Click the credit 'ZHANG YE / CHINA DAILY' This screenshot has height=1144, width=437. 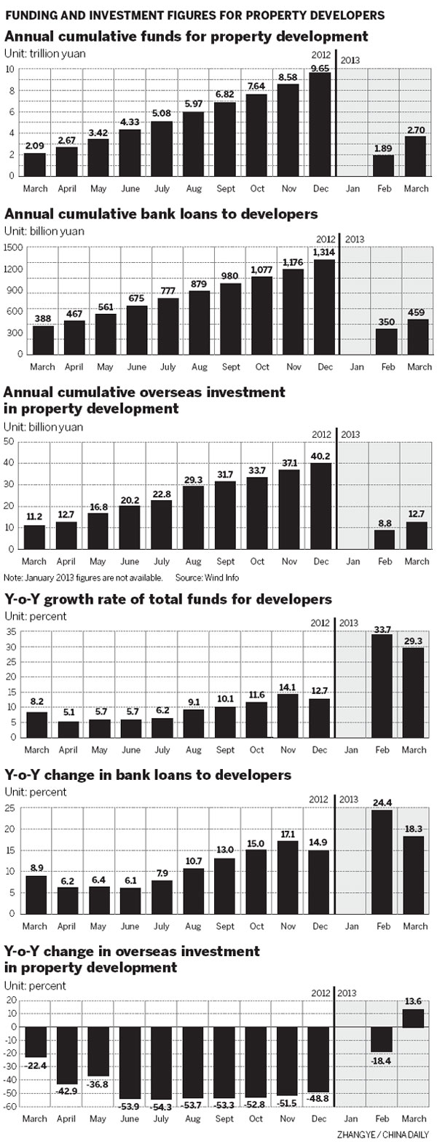coord(383,1135)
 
